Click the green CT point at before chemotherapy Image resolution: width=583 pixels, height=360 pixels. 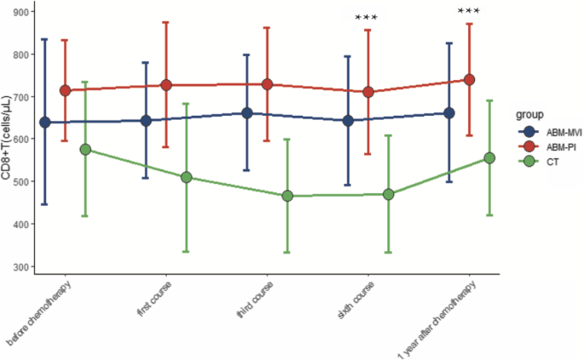click(85, 149)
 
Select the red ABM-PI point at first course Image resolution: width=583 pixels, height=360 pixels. click(166, 85)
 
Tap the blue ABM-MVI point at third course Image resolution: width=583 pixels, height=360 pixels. click(247, 113)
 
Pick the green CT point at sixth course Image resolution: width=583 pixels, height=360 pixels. click(388, 194)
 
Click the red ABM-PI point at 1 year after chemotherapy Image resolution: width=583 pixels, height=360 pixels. click(469, 80)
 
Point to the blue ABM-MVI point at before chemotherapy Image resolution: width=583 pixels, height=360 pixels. click(45, 122)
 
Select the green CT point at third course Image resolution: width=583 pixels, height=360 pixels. click(287, 196)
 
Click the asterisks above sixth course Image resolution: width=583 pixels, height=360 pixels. click(368, 18)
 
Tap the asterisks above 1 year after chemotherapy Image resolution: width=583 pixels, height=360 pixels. click(469, 11)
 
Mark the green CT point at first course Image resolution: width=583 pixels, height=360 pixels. click(186, 177)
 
